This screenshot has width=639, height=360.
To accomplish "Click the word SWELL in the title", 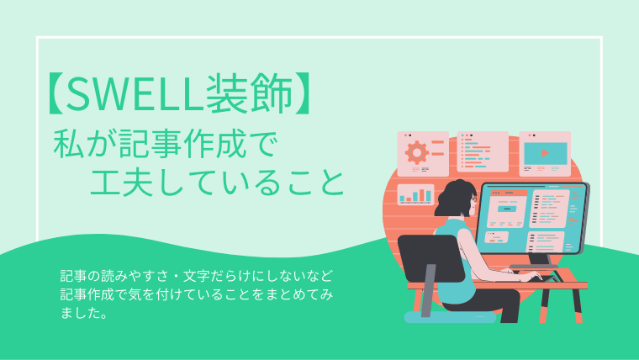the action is click(135, 93).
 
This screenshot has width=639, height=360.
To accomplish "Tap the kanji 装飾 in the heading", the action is click(250, 93).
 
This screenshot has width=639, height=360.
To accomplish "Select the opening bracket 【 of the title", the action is click(56, 93).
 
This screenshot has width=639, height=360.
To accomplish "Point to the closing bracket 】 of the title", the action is click(304, 93).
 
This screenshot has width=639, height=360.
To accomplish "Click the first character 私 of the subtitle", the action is click(67, 144).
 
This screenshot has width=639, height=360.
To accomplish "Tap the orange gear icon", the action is click(416, 152).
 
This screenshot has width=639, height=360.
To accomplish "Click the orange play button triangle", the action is click(545, 153).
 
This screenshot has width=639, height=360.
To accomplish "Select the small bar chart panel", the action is click(415, 194).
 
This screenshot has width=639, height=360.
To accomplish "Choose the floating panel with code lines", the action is click(483, 151).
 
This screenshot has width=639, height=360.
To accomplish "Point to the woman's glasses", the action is click(474, 199).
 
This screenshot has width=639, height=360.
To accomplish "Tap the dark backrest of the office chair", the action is click(430, 258).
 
